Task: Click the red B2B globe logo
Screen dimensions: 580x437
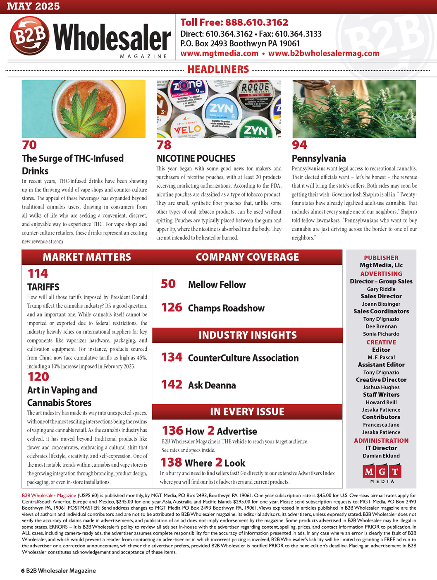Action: tap(30, 36)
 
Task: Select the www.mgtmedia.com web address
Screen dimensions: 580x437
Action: tap(219, 53)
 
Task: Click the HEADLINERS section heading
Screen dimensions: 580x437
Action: tap(218, 69)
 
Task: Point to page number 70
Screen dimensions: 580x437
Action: tap(29, 145)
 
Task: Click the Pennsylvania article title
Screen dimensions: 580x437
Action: tap(319, 158)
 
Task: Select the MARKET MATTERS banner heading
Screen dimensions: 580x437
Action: tap(87, 257)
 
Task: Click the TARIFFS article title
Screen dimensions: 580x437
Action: tap(43, 287)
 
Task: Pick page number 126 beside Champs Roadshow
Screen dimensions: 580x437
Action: tap(172, 307)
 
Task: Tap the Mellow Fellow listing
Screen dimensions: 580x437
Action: tap(217, 285)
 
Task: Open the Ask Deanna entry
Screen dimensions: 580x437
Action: tap(212, 385)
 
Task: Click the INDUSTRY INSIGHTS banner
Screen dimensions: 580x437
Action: tap(247, 335)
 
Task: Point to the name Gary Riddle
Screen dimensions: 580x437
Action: tap(381, 289)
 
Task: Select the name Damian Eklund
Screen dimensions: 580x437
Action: tap(381, 456)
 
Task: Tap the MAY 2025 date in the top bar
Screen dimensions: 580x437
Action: tap(33, 6)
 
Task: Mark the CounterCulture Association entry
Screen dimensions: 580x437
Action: tap(243, 358)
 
